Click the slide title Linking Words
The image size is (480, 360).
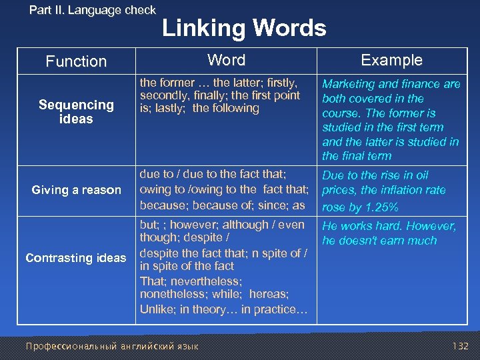[x=244, y=29]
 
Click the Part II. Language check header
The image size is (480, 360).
[x=93, y=10]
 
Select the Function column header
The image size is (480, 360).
[x=76, y=61]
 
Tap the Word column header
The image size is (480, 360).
[x=226, y=60]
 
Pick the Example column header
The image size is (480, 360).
[x=391, y=60]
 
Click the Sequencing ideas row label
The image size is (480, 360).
[x=76, y=112]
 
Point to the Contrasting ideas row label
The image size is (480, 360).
[x=75, y=258]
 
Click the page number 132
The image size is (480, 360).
[x=460, y=347]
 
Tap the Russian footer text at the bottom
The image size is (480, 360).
[x=112, y=347]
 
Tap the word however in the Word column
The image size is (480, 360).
[x=195, y=225]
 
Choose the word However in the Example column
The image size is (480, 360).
[x=433, y=226]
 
